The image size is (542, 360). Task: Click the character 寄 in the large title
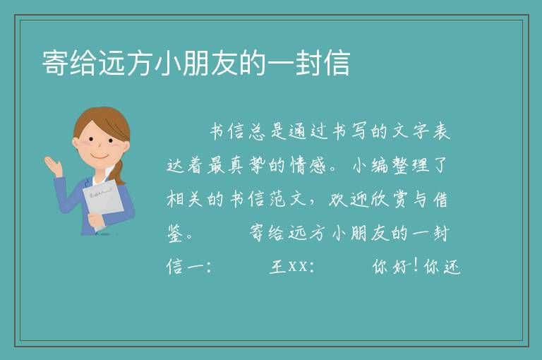click(x=55, y=63)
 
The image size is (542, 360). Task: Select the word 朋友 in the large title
click(x=210, y=63)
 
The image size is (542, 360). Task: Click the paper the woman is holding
click(x=103, y=201)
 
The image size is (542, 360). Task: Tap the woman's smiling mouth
click(x=100, y=157)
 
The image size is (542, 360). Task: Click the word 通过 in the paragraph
click(x=308, y=131)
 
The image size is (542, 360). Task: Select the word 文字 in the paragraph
click(x=411, y=131)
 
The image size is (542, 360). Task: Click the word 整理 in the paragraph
click(x=411, y=165)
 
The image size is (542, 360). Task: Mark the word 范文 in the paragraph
click(x=288, y=199)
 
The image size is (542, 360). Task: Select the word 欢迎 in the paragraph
click(x=349, y=199)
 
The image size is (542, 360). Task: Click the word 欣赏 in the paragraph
click(x=389, y=199)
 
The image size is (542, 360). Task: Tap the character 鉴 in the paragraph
click(x=175, y=234)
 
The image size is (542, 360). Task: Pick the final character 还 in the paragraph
click(x=452, y=267)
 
